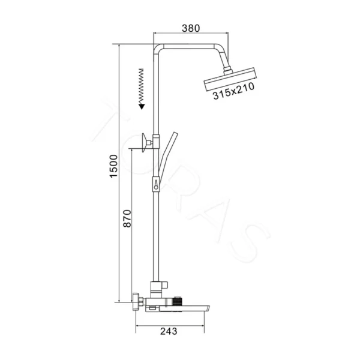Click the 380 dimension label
190,28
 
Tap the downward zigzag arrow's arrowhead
141,106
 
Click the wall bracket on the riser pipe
147,143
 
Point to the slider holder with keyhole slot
157,183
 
